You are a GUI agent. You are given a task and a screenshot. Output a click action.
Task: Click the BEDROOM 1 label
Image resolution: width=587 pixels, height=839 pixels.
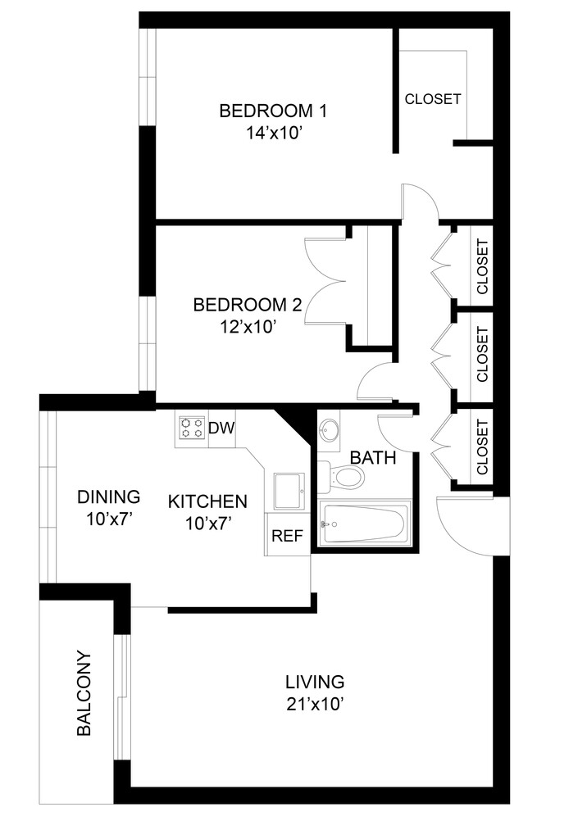(266, 110)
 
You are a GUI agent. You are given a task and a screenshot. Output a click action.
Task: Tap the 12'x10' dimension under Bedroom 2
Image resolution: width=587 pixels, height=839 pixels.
(247, 327)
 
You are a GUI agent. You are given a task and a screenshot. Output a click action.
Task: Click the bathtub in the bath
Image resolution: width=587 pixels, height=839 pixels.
(364, 524)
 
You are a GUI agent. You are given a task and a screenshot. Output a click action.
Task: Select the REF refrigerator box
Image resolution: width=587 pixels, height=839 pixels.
(287, 537)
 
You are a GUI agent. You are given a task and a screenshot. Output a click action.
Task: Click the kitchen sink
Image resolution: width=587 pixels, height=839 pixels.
(287, 490)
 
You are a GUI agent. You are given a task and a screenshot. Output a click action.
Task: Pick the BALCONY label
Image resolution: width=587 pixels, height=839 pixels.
(83, 693)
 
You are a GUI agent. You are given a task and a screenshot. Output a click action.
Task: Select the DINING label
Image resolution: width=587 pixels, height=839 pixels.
(108, 497)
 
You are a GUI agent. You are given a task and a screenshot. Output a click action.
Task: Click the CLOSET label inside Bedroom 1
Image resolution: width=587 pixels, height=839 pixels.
(432, 99)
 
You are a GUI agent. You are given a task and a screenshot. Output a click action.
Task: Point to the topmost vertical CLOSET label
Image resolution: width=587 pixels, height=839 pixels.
(482, 267)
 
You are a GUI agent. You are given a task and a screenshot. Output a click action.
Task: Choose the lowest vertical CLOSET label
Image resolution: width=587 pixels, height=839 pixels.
(482, 447)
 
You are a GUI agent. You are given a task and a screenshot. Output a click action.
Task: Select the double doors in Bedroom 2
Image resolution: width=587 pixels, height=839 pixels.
(327, 270)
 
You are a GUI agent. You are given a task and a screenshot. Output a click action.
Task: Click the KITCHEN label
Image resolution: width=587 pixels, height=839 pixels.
(207, 501)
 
